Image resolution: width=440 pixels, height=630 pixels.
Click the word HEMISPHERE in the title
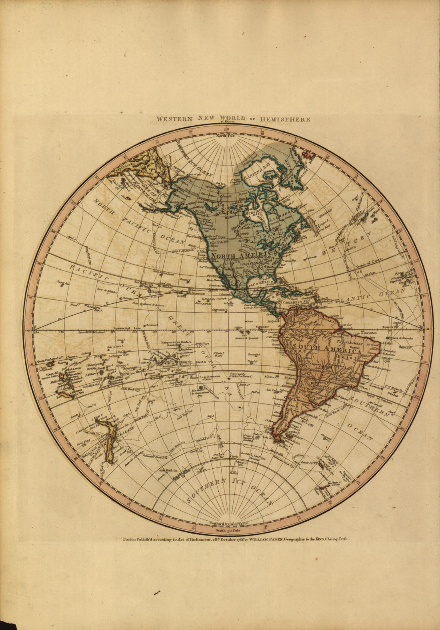pos(285,119)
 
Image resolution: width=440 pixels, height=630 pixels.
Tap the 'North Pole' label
pos(226,136)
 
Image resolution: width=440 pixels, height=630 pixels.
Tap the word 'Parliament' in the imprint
pos(194,539)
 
